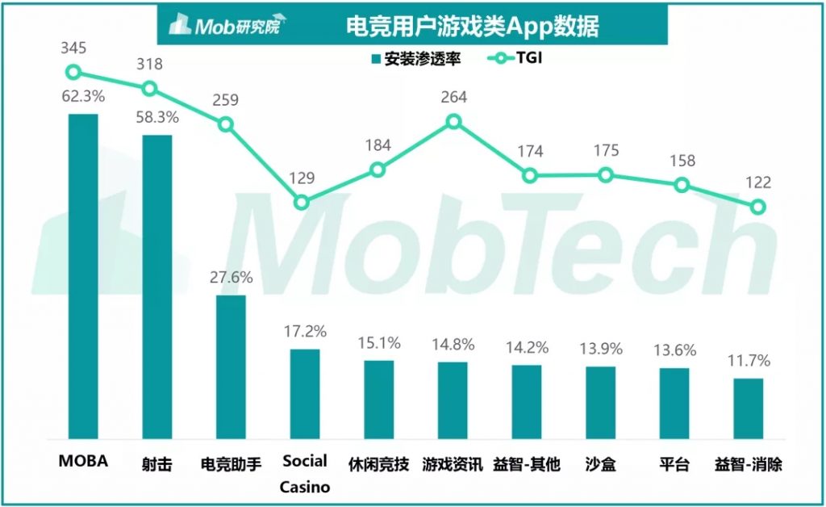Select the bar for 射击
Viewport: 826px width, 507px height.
click(x=157, y=287)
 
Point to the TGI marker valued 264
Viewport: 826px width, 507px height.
click(x=453, y=121)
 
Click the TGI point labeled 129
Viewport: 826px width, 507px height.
click(x=301, y=202)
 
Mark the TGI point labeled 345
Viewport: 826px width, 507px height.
click(x=73, y=72)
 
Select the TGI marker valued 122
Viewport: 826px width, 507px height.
click(x=757, y=207)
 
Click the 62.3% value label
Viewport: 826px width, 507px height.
click(x=83, y=97)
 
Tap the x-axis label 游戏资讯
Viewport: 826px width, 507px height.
click(x=453, y=465)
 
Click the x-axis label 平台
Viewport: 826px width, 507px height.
click(x=674, y=465)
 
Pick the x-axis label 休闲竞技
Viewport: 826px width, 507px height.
click(x=378, y=465)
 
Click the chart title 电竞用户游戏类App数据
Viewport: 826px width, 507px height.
click(x=472, y=26)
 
